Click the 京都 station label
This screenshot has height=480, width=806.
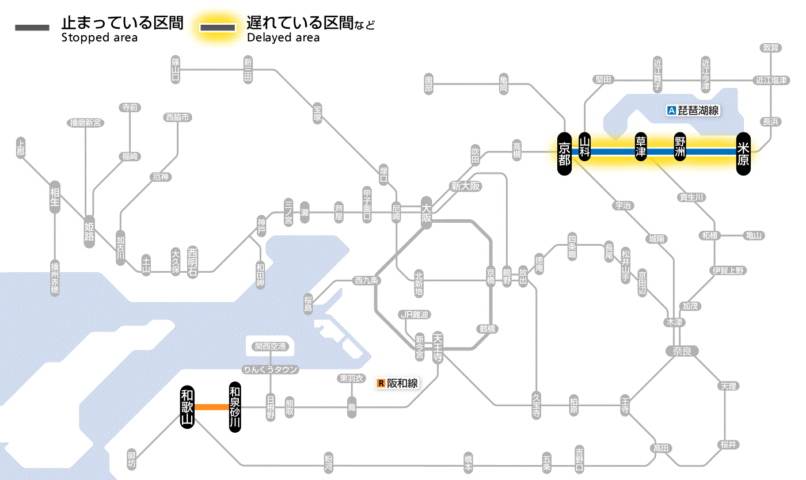[x=564, y=153]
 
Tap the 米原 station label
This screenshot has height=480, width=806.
[x=743, y=153]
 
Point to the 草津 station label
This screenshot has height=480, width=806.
[x=640, y=147]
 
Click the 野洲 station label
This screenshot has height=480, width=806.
[x=680, y=147]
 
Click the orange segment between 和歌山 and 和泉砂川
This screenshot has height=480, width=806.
[x=211, y=407]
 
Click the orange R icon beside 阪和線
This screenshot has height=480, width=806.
[x=381, y=383]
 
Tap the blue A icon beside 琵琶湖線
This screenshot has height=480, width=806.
[x=671, y=111]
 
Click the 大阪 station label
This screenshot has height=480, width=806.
[x=426, y=213]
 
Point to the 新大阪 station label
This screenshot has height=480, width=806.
[x=465, y=186]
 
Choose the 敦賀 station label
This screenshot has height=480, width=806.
[x=771, y=48]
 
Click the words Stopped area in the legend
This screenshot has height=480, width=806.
[x=100, y=38]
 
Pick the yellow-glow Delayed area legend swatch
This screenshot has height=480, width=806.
[x=218, y=28]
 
